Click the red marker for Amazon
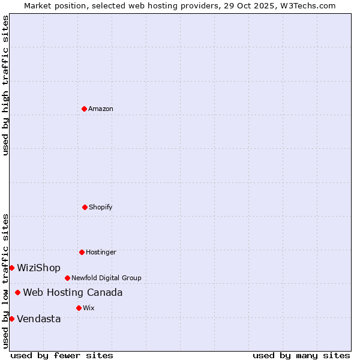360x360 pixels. pos(84,109)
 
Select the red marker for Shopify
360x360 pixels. pos(85,207)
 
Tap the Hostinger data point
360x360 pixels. pos(82,252)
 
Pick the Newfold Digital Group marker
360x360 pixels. pos(67,278)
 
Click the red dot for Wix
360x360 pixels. pos(79,308)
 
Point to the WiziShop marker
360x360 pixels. pos(11,268)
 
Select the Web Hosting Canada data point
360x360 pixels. pos(17,292)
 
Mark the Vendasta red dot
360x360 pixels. pos(11,319)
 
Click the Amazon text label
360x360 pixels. pos(101,109)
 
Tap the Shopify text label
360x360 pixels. pos(101,207)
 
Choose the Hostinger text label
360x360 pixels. pos(101,252)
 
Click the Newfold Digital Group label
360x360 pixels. pos(106,278)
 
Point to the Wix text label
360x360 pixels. pos(89,308)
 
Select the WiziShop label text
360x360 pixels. pos(38,268)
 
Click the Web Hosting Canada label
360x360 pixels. pos(73,292)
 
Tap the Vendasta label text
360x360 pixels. pos(38,319)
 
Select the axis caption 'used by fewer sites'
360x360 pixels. pos(62,355)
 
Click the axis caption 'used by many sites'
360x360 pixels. pos(301,355)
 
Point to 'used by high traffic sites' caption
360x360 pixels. pos(5,85)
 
